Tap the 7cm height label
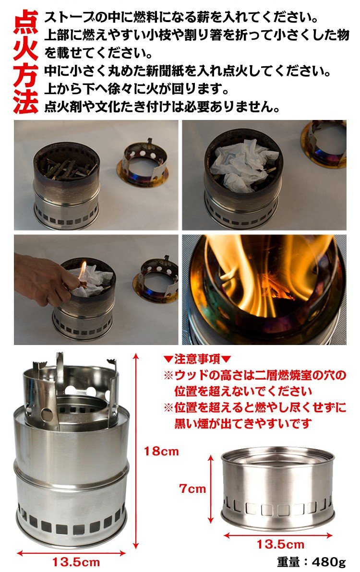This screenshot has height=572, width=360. click(192, 489)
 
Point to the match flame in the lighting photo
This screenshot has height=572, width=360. click(83, 270)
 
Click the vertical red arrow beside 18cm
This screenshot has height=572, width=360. click(136, 451)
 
